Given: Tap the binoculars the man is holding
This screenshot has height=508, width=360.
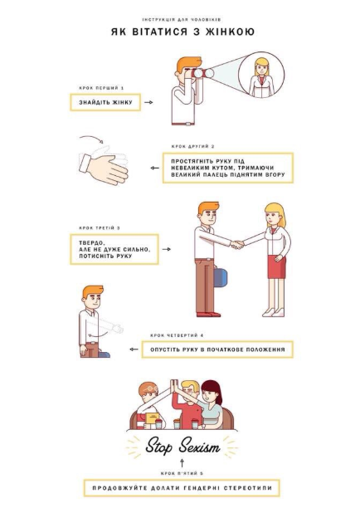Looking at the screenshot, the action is click(202, 73).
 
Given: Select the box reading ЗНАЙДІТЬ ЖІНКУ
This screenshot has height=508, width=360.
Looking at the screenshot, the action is click(105, 102).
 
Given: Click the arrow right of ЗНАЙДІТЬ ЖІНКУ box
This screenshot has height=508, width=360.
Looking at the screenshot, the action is click(148, 102).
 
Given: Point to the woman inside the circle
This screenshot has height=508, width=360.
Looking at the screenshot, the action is click(261, 77).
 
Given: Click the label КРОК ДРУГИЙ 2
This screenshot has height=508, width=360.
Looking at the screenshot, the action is click(193, 146).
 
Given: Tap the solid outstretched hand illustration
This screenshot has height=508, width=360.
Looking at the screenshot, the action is click(105, 169).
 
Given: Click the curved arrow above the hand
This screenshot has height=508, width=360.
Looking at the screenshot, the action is click(91, 139).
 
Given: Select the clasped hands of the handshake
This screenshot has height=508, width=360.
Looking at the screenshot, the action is click(237, 244).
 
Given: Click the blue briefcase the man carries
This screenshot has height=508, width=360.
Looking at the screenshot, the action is click(221, 277).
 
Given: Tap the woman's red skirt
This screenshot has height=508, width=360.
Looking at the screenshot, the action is click(277, 266).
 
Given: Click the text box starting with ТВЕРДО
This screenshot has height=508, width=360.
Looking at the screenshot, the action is click(114, 250).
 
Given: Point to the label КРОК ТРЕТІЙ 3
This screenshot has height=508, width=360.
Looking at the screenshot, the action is click(100, 228).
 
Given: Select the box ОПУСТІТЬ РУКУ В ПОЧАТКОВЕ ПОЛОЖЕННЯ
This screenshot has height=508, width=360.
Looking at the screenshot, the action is click(217, 349).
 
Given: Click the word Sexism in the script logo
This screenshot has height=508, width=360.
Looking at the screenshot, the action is click(199, 447).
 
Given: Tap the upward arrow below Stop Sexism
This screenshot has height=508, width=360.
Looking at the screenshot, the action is click(182, 462).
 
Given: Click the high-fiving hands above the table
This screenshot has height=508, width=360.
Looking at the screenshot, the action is click(174, 387).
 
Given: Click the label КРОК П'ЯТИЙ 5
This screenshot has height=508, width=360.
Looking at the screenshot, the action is click(182, 474).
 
